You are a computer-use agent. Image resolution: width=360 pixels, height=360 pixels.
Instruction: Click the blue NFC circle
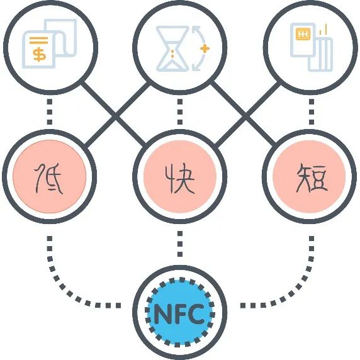179,312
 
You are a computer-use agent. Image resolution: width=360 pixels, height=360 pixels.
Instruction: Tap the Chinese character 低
48,178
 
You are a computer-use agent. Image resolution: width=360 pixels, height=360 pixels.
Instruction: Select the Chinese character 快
180,178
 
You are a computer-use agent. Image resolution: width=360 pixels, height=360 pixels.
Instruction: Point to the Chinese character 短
312,179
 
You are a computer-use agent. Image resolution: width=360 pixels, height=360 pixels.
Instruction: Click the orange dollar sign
40,54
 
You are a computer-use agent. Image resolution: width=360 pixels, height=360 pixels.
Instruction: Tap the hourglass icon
172,48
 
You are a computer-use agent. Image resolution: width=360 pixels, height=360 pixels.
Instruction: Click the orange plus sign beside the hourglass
205,48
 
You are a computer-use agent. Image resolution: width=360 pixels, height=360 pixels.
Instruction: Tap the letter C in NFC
195,313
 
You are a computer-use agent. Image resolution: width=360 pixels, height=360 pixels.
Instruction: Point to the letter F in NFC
179,313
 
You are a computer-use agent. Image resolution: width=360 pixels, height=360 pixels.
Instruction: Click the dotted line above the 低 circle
50,112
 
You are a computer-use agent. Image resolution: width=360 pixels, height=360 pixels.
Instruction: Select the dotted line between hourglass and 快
180,112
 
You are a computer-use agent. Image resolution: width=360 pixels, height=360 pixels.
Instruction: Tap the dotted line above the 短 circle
312,112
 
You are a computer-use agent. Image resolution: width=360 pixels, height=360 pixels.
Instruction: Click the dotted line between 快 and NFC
180,244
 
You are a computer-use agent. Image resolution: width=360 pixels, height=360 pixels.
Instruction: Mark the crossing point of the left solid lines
115,116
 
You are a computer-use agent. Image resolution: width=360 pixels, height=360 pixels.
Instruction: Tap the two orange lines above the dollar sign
38,40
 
